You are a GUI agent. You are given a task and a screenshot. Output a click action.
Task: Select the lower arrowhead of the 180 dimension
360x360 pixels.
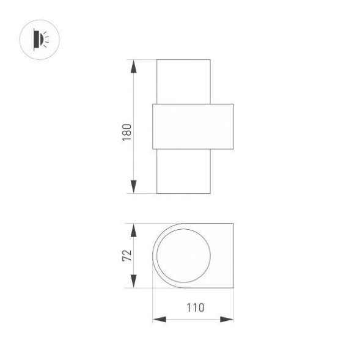click(x=133, y=188)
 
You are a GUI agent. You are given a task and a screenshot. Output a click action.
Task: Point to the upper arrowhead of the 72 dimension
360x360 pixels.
click(x=133, y=229)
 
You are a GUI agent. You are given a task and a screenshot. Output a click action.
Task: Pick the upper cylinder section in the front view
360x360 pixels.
click(x=184, y=81)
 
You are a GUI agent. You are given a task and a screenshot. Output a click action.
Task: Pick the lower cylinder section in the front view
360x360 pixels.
click(x=184, y=171)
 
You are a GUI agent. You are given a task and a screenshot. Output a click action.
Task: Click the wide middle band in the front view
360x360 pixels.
click(x=193, y=126)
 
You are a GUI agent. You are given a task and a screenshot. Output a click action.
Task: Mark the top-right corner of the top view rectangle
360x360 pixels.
click(x=233, y=224)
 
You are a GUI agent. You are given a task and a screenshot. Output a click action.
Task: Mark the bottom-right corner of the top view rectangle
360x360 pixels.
click(x=233, y=287)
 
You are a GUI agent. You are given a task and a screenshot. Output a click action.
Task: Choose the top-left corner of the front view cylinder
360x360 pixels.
click(x=157, y=60)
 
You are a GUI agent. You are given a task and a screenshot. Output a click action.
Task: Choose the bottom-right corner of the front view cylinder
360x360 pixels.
click(x=210, y=193)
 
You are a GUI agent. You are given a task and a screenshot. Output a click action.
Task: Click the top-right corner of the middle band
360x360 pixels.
click(x=233, y=104)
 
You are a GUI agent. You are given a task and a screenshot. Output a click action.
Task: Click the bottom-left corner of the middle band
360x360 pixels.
click(x=152, y=149)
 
